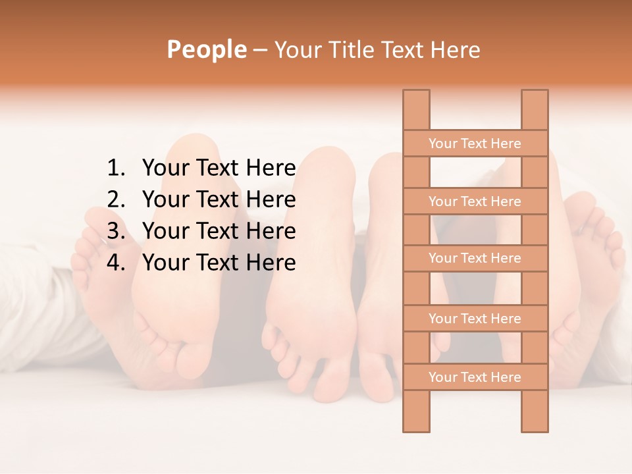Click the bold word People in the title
[x=206, y=49]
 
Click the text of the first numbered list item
[x=219, y=169]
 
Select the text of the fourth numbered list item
[x=219, y=263]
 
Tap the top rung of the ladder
[x=475, y=144]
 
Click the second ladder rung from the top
[x=475, y=201]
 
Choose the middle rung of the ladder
[x=475, y=258]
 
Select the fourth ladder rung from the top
[x=475, y=319]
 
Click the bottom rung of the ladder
[x=475, y=377]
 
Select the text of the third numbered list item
[x=219, y=231]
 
